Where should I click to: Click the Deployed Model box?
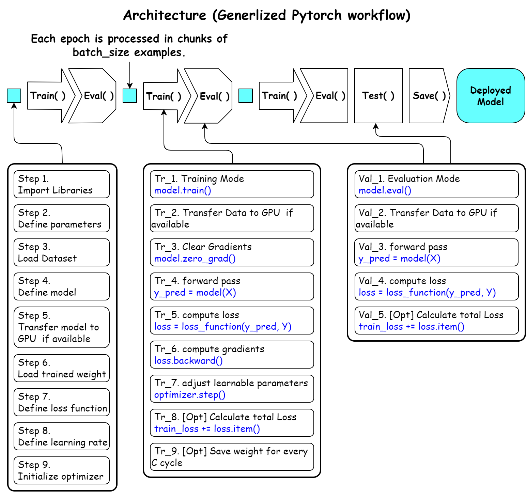coord(490,96)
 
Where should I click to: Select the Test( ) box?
coord(378,96)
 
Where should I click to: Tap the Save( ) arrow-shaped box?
coord(429,96)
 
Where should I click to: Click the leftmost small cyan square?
coord(14,96)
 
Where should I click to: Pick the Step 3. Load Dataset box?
coord(62,252)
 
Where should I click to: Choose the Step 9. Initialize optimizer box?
coord(62,470)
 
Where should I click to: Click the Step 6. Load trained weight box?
coord(62,368)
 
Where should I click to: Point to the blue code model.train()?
coord(183,190)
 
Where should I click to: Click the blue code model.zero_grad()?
coord(195,259)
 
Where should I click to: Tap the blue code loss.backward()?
coord(188,361)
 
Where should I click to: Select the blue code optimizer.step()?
coord(190,395)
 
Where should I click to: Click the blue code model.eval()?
coord(385,190)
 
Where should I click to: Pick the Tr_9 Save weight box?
coord(232,457)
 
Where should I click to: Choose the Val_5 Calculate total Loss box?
coord(436,321)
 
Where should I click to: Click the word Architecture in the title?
coord(165,15)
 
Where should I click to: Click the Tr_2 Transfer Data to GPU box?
coord(232,218)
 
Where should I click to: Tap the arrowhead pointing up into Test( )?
coord(376,126)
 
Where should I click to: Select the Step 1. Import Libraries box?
coord(62,184)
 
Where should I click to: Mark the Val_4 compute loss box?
coord(436,286)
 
